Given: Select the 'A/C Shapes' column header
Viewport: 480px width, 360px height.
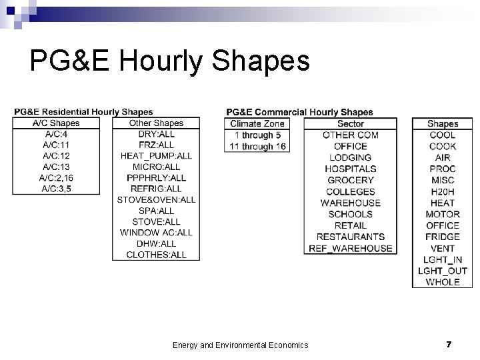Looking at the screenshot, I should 56,123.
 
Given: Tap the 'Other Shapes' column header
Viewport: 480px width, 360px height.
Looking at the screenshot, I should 156,123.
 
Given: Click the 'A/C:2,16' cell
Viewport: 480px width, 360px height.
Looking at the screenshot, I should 56,178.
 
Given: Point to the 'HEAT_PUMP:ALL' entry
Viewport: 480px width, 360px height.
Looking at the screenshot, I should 156,156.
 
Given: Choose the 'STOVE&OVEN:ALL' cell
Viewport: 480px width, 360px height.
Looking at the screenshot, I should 156,199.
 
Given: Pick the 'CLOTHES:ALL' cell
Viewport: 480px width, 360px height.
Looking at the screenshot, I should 156,255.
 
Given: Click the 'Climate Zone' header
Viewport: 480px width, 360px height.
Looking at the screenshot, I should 257,123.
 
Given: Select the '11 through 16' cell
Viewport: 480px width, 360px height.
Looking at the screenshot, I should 257,146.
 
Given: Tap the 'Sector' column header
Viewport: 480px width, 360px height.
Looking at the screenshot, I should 351,123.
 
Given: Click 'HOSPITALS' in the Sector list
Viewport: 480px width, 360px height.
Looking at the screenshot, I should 351,169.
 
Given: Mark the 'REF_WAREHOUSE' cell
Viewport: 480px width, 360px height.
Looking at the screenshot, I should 351,248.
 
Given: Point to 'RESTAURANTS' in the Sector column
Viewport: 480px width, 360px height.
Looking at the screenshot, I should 351,237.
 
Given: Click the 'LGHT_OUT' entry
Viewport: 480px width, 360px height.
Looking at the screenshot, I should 443,271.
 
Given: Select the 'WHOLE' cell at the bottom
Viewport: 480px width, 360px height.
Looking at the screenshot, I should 443,282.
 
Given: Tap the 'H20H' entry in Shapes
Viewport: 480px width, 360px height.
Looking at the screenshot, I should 443,191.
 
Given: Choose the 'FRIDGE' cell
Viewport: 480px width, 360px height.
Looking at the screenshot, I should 443,237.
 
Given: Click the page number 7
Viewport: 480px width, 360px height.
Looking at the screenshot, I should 449,344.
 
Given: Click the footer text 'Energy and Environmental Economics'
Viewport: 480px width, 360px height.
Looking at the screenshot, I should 240,345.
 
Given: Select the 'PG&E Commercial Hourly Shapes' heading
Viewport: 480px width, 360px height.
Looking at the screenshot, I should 299,112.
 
